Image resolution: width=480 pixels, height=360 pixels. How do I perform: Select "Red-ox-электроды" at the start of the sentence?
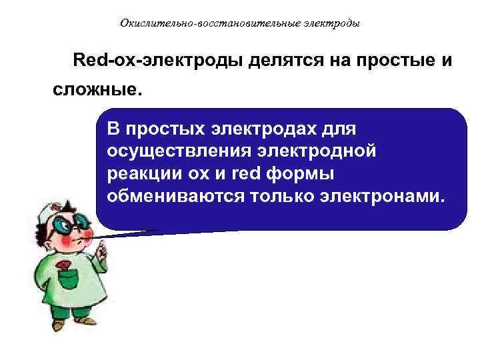(159, 61)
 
